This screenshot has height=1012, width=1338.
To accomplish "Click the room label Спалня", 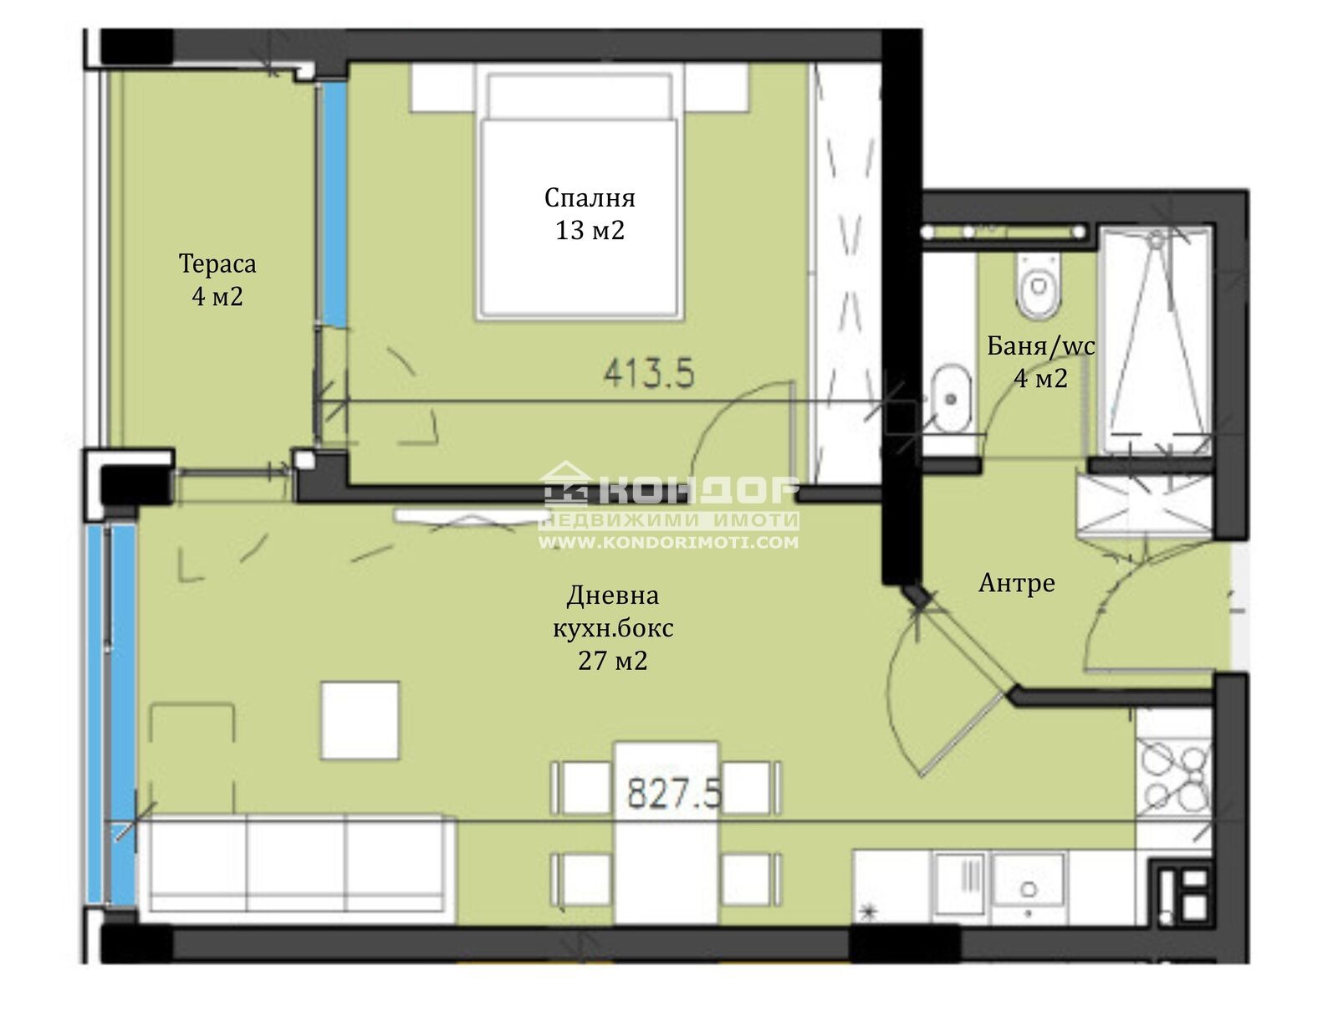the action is click(590, 198).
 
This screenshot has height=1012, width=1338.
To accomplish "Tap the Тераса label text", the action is click(217, 264).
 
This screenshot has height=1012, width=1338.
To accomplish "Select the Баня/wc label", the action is click(1040, 346).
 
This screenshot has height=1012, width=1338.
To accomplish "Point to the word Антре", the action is click(1016, 583).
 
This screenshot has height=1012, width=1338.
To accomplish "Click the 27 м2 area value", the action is click(612, 661).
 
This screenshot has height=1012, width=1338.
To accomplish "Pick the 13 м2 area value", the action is click(590, 231).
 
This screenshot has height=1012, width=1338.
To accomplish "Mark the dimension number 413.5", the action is click(649, 373).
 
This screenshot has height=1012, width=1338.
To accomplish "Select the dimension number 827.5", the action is click(673, 794).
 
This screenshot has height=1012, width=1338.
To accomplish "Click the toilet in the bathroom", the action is click(1038, 286).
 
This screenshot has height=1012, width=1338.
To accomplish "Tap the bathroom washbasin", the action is click(950, 398).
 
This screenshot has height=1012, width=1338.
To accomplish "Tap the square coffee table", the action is click(360, 721).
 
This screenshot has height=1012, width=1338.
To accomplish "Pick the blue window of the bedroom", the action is click(333, 203).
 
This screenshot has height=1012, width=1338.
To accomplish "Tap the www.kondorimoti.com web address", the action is click(668, 542).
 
